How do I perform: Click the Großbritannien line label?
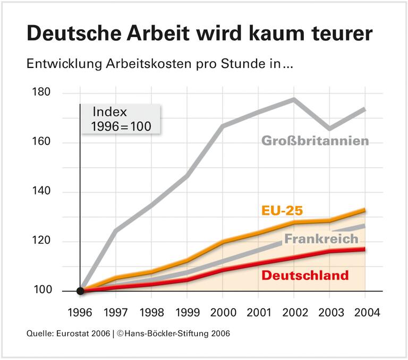[x=315, y=141]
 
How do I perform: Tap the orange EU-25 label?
[x=282, y=210]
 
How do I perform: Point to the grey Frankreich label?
[x=321, y=239]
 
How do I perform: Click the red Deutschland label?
[x=305, y=275]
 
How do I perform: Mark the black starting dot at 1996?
[x=80, y=291]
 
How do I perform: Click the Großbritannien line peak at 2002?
[x=294, y=99]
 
